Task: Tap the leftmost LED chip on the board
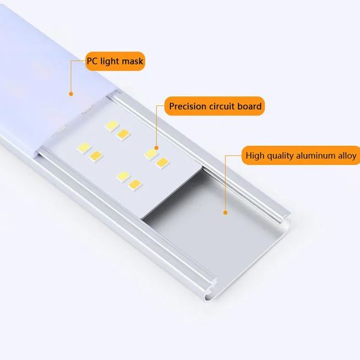tap(83, 148)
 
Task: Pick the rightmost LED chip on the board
tap(164, 163)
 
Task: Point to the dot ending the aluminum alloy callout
tap(225, 213)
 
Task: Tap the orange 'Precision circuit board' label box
tap(215, 106)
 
